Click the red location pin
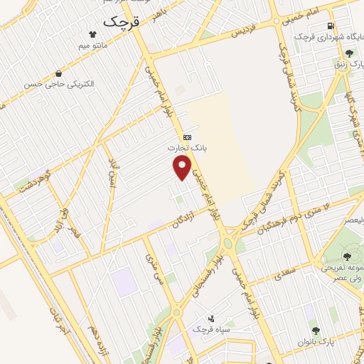pos(183,168)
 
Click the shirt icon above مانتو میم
pos(92,33)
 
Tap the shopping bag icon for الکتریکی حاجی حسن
pos(58,73)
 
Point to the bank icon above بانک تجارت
pos(187,136)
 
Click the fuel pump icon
pos(332,27)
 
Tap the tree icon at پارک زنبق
pos(348,53)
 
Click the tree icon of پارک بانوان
pos(316,331)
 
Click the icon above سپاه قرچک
pos(210,319)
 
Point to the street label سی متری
pos(153,269)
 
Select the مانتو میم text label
pos(94,45)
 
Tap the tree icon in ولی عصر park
pos(347,257)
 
